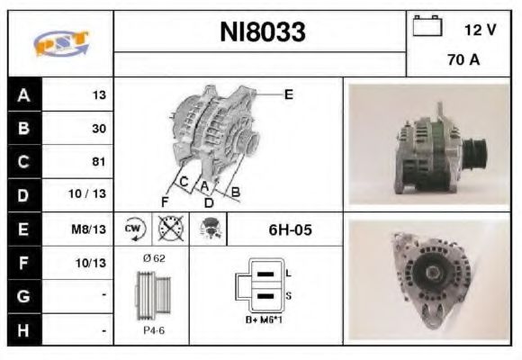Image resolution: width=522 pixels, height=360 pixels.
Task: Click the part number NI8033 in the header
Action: [x=262, y=33]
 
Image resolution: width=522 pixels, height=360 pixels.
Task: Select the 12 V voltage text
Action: [x=480, y=30]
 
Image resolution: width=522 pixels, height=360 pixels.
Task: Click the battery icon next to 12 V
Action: [x=427, y=28]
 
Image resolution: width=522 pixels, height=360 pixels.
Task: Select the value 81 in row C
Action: [x=99, y=162]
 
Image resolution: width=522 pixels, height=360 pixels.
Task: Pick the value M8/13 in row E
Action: [x=92, y=229]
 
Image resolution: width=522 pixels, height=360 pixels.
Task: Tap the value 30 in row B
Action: [x=99, y=128]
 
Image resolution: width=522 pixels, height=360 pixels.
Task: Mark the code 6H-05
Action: [x=290, y=229]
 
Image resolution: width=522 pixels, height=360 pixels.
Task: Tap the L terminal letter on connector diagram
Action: [x=286, y=272]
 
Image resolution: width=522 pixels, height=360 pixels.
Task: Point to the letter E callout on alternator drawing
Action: [x=288, y=94]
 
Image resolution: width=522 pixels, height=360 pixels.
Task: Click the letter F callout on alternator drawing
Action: [x=165, y=200]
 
